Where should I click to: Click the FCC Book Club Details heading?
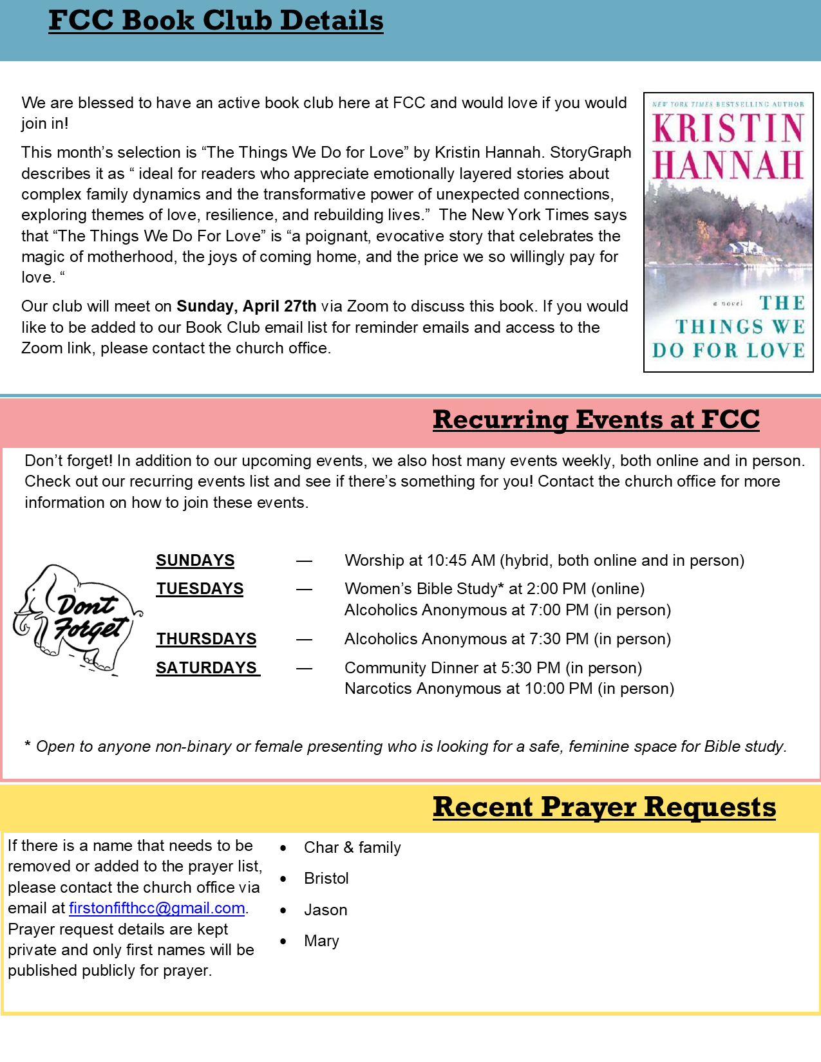tap(216, 21)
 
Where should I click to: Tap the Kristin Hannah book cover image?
tap(728, 232)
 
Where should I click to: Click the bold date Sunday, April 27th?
tap(247, 306)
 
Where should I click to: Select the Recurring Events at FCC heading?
tap(596, 420)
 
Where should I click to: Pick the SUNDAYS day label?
tap(195, 561)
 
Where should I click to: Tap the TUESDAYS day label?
tap(200, 589)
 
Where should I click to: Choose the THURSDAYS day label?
tap(206, 639)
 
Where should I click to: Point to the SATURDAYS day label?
tap(207, 668)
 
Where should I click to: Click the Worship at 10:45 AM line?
tap(544, 561)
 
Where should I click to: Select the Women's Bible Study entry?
tap(494, 589)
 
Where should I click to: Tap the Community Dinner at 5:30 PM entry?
tap(493, 668)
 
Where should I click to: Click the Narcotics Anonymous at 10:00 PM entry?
tap(509, 689)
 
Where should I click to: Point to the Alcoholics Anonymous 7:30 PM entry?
tap(507, 639)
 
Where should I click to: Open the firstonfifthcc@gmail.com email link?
tap(156, 908)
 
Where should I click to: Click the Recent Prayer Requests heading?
tap(604, 807)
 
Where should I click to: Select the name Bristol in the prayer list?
tap(326, 879)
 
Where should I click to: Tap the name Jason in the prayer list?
tap(326, 910)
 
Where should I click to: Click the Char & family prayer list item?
tap(352, 848)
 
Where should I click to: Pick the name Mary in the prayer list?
tap(321, 941)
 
